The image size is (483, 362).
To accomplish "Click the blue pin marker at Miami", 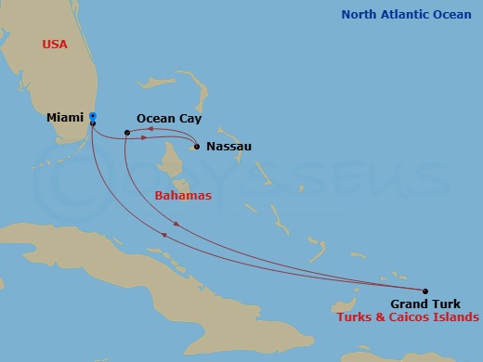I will [x=93, y=118].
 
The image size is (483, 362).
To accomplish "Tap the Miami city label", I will [x=66, y=119].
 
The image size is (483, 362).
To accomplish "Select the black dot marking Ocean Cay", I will [x=127, y=133].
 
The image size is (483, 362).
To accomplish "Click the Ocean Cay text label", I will [x=169, y=119].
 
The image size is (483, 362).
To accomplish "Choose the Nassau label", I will [x=228, y=147].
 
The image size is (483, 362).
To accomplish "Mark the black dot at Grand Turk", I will [x=425, y=291].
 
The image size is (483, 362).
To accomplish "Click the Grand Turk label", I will [x=423, y=304].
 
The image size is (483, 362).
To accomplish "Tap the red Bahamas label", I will [x=183, y=196].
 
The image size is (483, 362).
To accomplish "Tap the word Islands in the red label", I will [x=458, y=317].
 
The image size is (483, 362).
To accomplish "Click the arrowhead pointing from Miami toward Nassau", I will [x=145, y=138].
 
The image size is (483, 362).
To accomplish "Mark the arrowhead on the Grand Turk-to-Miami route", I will [x=164, y=235].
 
